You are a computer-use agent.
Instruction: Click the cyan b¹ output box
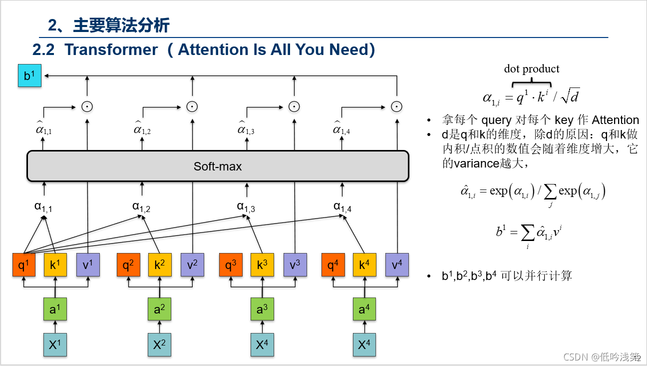click(29, 75)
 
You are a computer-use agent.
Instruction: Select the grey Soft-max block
click(218, 166)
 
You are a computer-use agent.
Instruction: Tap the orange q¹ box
click(24, 265)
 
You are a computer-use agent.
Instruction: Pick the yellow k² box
click(160, 265)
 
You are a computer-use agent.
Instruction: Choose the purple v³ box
click(295, 265)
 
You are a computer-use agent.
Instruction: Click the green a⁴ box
click(364, 309)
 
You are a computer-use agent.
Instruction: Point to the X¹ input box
click(55, 344)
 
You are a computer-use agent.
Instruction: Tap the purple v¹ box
click(88, 265)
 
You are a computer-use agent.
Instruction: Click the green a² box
click(160, 309)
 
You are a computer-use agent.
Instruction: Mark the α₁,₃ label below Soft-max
click(246, 206)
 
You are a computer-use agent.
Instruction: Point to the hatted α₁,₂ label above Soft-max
click(142, 129)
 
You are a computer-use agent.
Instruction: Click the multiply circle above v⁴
click(397, 106)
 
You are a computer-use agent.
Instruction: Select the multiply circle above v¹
click(87, 106)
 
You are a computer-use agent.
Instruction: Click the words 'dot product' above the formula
click(531, 69)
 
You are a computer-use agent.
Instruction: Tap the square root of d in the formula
click(570, 96)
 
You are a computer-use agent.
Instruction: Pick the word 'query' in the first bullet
click(496, 120)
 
